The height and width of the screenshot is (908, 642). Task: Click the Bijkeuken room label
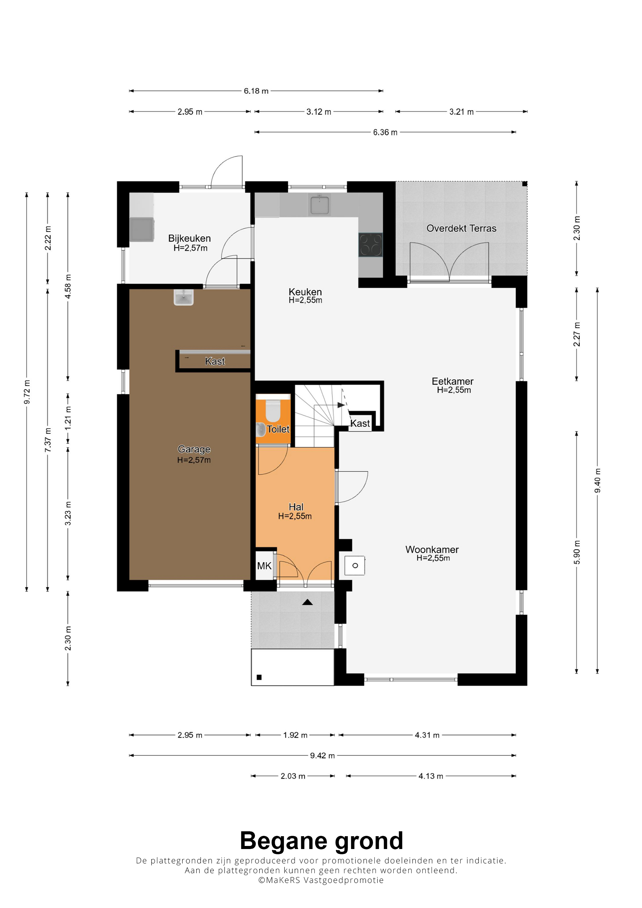pyautogui.click(x=190, y=238)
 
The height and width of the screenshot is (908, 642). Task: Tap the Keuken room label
pyautogui.click(x=305, y=292)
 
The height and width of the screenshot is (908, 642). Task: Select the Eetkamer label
pyautogui.click(x=452, y=381)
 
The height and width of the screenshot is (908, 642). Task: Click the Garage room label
pyautogui.click(x=194, y=449)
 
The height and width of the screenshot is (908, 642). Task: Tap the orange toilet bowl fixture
pyautogui.click(x=272, y=410)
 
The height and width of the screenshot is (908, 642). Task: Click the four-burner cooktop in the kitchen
pyautogui.click(x=371, y=245)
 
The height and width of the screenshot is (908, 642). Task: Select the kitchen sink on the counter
pyautogui.click(x=319, y=205)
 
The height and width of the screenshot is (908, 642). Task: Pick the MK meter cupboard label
pyautogui.click(x=264, y=566)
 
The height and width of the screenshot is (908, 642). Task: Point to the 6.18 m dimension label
pyautogui.click(x=256, y=91)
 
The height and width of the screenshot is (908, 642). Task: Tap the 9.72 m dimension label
pyautogui.click(x=27, y=392)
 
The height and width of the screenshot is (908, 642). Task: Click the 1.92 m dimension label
pyautogui.click(x=295, y=735)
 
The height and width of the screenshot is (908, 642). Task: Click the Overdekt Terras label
pyautogui.click(x=461, y=228)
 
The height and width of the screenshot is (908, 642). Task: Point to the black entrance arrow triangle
pyautogui.click(x=307, y=602)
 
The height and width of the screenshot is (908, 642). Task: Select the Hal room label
pyautogui.click(x=296, y=507)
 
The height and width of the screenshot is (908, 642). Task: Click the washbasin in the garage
pyautogui.click(x=183, y=297)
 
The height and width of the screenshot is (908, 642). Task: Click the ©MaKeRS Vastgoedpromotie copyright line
pyautogui.click(x=321, y=880)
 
